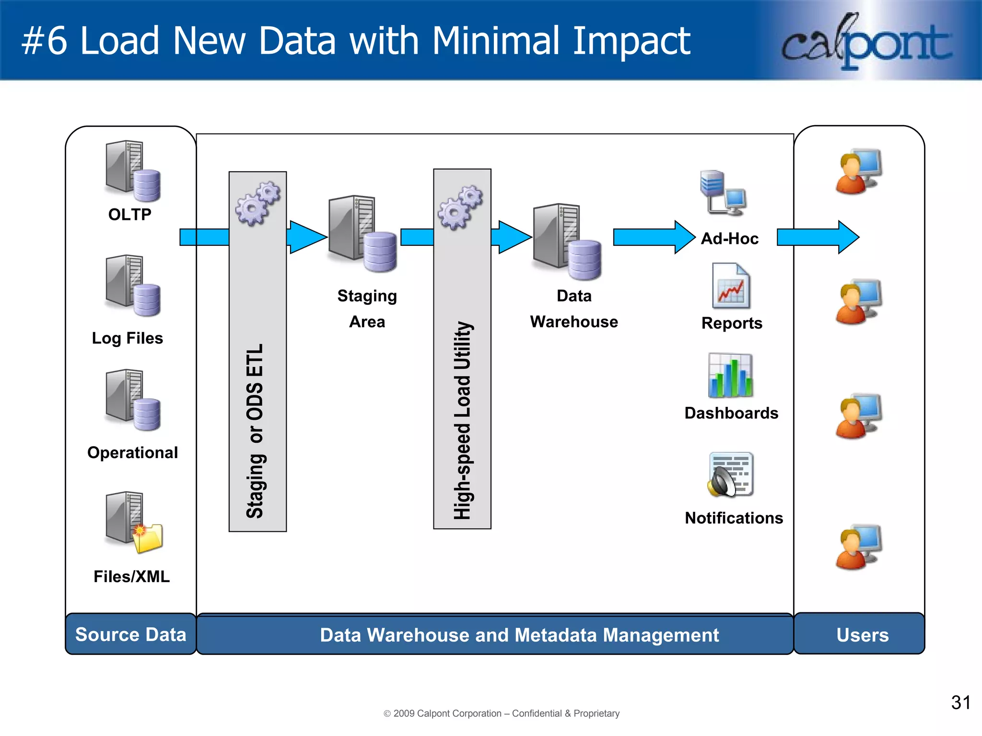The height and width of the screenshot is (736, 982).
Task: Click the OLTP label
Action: [129, 214]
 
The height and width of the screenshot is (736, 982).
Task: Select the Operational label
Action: [132, 452]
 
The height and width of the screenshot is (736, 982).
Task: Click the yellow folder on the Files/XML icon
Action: [148, 539]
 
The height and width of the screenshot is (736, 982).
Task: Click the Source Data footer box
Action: [130, 634]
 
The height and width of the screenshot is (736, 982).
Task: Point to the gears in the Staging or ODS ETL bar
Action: [257, 203]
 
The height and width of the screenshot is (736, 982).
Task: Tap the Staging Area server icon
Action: [362, 233]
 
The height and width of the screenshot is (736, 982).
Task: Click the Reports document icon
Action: [731, 286]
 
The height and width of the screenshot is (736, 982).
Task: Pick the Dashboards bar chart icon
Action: [730, 376]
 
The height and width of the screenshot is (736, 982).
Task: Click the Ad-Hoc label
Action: [729, 238]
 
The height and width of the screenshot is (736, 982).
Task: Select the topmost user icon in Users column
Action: [858, 172]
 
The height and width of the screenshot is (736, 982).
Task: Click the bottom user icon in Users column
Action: [858, 547]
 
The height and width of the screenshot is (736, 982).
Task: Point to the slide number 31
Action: [960, 702]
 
